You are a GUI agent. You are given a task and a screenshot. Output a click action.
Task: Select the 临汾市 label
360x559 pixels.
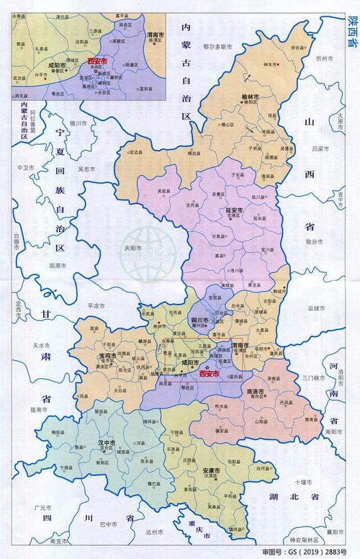(x=312, y=243)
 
